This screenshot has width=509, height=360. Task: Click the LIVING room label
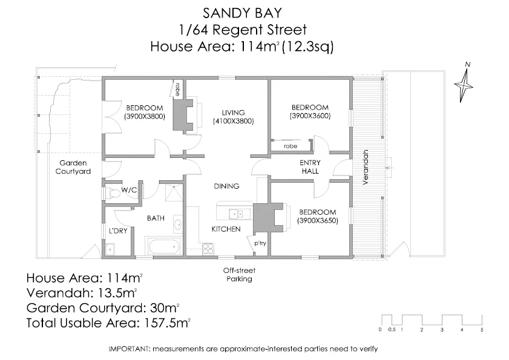(x=233, y=113)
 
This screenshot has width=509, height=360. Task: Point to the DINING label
(x=227, y=186)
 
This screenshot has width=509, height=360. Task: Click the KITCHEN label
(x=226, y=229)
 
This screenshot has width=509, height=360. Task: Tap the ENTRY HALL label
(x=310, y=168)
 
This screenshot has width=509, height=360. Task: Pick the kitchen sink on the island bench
(x=237, y=214)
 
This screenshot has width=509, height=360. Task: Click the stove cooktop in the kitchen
(x=208, y=247)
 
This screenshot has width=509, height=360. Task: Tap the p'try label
(x=260, y=243)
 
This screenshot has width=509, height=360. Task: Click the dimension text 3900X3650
(x=317, y=221)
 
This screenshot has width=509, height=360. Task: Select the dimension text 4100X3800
(x=233, y=121)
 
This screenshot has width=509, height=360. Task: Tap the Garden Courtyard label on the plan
(x=73, y=167)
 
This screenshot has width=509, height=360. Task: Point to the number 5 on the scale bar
(x=482, y=330)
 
